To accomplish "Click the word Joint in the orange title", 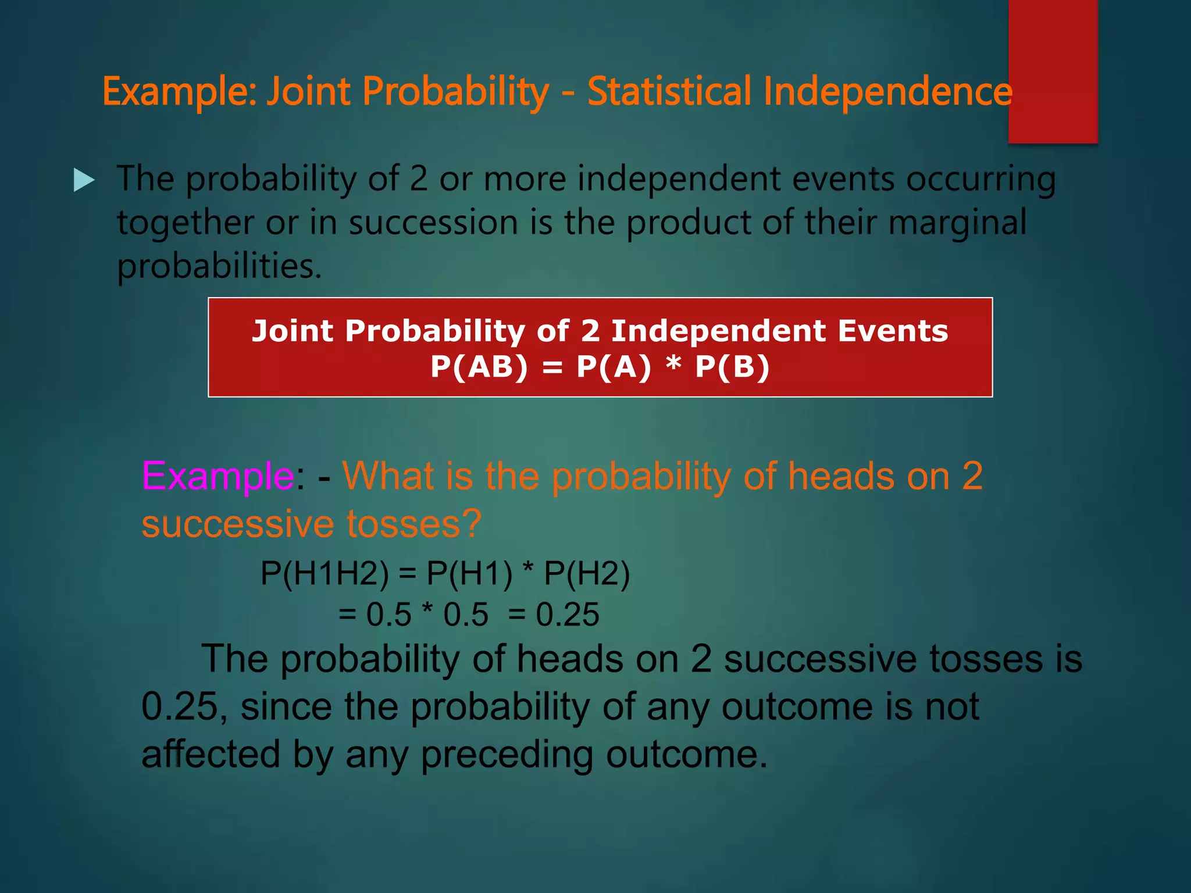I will pyautogui.click(x=308, y=92).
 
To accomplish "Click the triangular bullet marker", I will pyautogui.click(x=84, y=180).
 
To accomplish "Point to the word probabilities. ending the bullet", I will pyautogui.click(x=219, y=266).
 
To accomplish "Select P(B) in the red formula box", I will pyautogui.click(x=732, y=367).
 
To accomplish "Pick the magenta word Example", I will pyautogui.click(x=218, y=476).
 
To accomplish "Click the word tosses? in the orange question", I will pyautogui.click(x=414, y=523).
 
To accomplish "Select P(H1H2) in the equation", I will pyautogui.click(x=324, y=573).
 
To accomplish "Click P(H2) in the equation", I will pyautogui.click(x=586, y=573).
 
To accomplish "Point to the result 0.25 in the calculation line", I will pyautogui.click(x=567, y=615).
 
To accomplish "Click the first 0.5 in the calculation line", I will pyautogui.click(x=388, y=615).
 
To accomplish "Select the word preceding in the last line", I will pyautogui.click(x=506, y=755).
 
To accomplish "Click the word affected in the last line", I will pyautogui.click(x=211, y=755).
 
